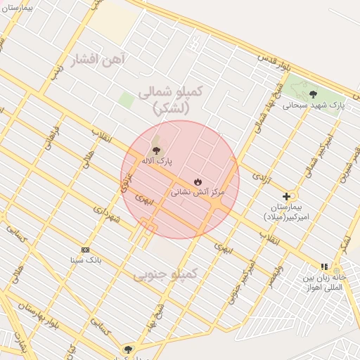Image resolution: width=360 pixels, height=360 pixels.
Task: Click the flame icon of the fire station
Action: [198, 181]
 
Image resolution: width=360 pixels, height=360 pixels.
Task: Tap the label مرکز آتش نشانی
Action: [198, 191]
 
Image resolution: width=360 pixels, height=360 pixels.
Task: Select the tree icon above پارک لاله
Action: [155, 150]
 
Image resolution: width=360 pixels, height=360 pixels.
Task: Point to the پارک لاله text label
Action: [157, 161]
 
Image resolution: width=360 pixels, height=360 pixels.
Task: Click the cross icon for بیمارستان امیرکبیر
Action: [286, 196]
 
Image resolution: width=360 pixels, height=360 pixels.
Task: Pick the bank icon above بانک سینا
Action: [86, 250]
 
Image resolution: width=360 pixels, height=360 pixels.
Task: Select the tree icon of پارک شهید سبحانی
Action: [313, 94]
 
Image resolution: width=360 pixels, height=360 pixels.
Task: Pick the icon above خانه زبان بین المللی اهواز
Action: [324, 266]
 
